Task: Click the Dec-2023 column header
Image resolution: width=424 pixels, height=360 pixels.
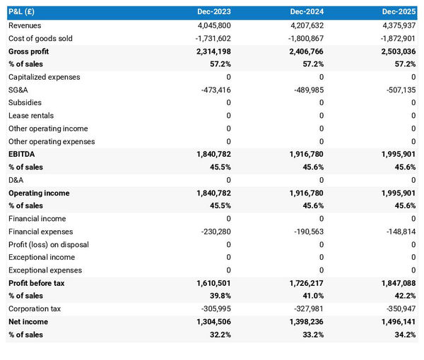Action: click(x=215, y=12)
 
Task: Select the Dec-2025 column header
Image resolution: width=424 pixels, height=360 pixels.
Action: click(x=399, y=12)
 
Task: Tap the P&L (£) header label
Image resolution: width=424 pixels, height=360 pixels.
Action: click(x=23, y=12)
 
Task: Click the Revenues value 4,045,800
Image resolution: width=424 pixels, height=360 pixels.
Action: click(x=211, y=25)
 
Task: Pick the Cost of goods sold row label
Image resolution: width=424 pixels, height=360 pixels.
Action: click(x=40, y=38)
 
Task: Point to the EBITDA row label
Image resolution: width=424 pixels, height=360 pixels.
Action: click(x=22, y=154)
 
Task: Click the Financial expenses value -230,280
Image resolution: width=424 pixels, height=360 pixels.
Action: click(x=213, y=232)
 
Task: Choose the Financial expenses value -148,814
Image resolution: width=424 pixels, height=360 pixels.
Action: click(x=398, y=232)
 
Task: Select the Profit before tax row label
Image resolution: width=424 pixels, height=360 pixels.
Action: click(x=37, y=283)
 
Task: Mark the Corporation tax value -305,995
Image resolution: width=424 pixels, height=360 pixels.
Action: click(x=213, y=308)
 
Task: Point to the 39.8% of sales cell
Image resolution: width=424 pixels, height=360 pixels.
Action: click(x=218, y=296)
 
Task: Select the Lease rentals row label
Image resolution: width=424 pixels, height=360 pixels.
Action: click(x=31, y=115)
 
